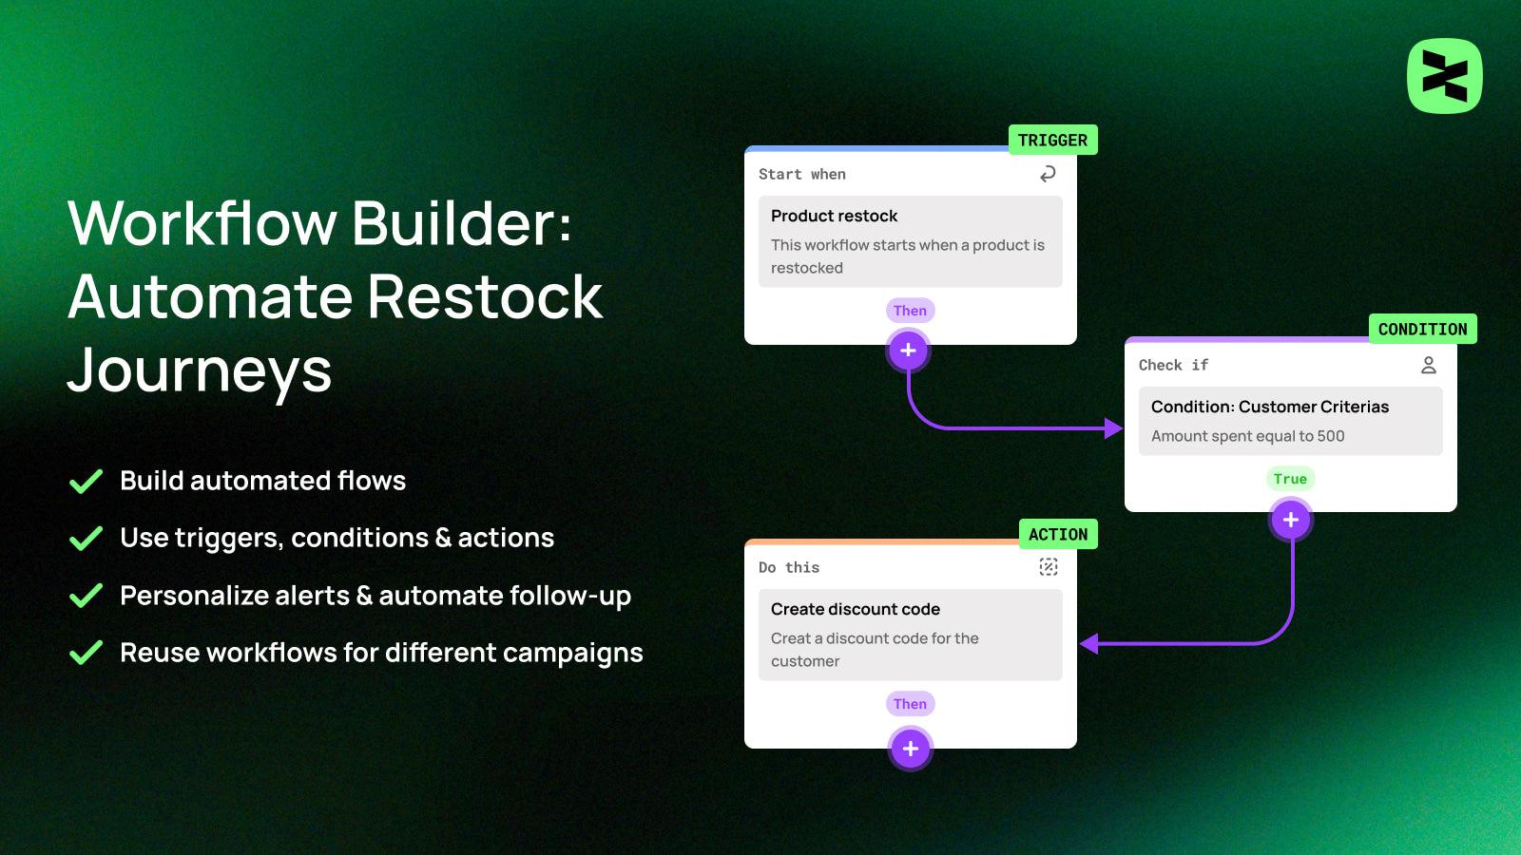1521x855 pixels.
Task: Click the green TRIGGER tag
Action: [1052, 140]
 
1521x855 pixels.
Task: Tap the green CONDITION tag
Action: [1422, 329]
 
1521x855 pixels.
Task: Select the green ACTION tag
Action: [1057, 534]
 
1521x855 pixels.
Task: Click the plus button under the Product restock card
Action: [908, 351]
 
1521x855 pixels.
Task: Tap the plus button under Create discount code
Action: [910, 749]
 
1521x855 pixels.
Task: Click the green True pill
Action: [1290, 479]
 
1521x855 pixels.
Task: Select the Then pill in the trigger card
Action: [910, 311]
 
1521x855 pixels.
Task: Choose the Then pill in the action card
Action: [910, 704]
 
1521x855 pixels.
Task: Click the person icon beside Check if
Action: [1428, 365]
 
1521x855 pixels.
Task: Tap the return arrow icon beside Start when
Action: [1048, 174]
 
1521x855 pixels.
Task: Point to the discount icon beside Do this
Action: [1048, 567]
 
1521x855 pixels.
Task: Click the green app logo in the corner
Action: [1444, 76]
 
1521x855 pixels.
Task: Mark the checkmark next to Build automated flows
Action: [86, 482]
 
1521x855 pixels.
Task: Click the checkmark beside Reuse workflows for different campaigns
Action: [86, 653]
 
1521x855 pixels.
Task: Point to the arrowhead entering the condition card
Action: [1114, 428]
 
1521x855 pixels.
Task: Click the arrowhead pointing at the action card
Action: [1089, 644]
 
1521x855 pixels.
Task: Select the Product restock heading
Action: [834, 216]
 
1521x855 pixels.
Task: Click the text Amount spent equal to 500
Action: [1247, 436]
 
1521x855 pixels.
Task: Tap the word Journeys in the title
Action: [200, 370]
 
